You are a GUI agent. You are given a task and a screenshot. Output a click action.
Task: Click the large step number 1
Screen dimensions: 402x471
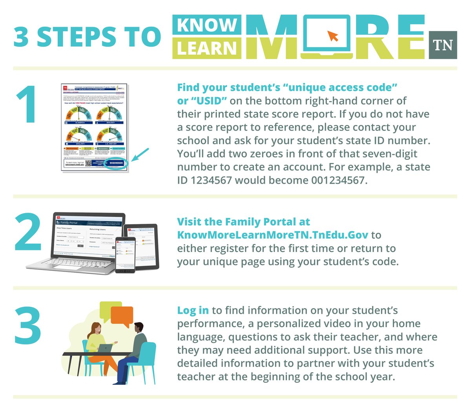tap(27, 104)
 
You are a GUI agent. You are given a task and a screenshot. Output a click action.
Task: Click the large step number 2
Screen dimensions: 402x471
tap(28, 233)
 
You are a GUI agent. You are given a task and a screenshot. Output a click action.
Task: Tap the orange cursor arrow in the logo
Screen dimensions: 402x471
tap(333, 36)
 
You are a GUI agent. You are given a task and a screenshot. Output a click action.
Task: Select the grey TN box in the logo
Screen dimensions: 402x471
tap(443, 45)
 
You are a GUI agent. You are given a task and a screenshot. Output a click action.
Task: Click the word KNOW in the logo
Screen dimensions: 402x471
tap(207, 25)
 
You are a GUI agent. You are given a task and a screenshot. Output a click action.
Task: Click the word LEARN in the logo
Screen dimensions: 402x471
tap(207, 49)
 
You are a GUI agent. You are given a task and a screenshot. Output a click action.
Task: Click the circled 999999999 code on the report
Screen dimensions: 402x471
tap(116, 163)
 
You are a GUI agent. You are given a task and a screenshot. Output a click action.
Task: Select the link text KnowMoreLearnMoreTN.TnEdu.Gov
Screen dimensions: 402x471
tap(273, 235)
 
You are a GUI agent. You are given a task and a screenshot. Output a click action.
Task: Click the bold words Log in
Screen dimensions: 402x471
tap(193, 310)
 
